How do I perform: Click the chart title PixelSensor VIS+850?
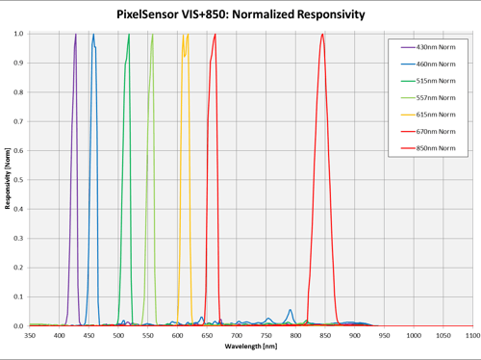click(240, 14)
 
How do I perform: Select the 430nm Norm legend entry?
click(436, 47)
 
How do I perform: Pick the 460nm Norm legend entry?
click(436, 64)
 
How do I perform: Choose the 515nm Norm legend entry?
click(436, 81)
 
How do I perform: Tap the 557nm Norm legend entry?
click(436, 98)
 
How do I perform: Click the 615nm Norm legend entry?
click(436, 115)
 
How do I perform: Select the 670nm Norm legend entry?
click(436, 132)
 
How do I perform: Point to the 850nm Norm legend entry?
click(436, 148)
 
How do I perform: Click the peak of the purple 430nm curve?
click(76, 35)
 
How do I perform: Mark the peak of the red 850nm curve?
click(322, 35)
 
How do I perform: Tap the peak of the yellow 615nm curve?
click(182, 35)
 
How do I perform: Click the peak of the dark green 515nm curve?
click(129, 35)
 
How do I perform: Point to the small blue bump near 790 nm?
click(290, 311)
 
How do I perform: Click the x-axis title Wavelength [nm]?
click(251, 346)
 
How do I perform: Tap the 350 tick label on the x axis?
click(30, 335)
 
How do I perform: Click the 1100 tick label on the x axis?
click(470, 335)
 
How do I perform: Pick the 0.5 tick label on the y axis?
click(19, 180)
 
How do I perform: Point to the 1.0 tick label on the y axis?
click(19, 34)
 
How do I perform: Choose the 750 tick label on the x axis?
click(266, 335)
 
